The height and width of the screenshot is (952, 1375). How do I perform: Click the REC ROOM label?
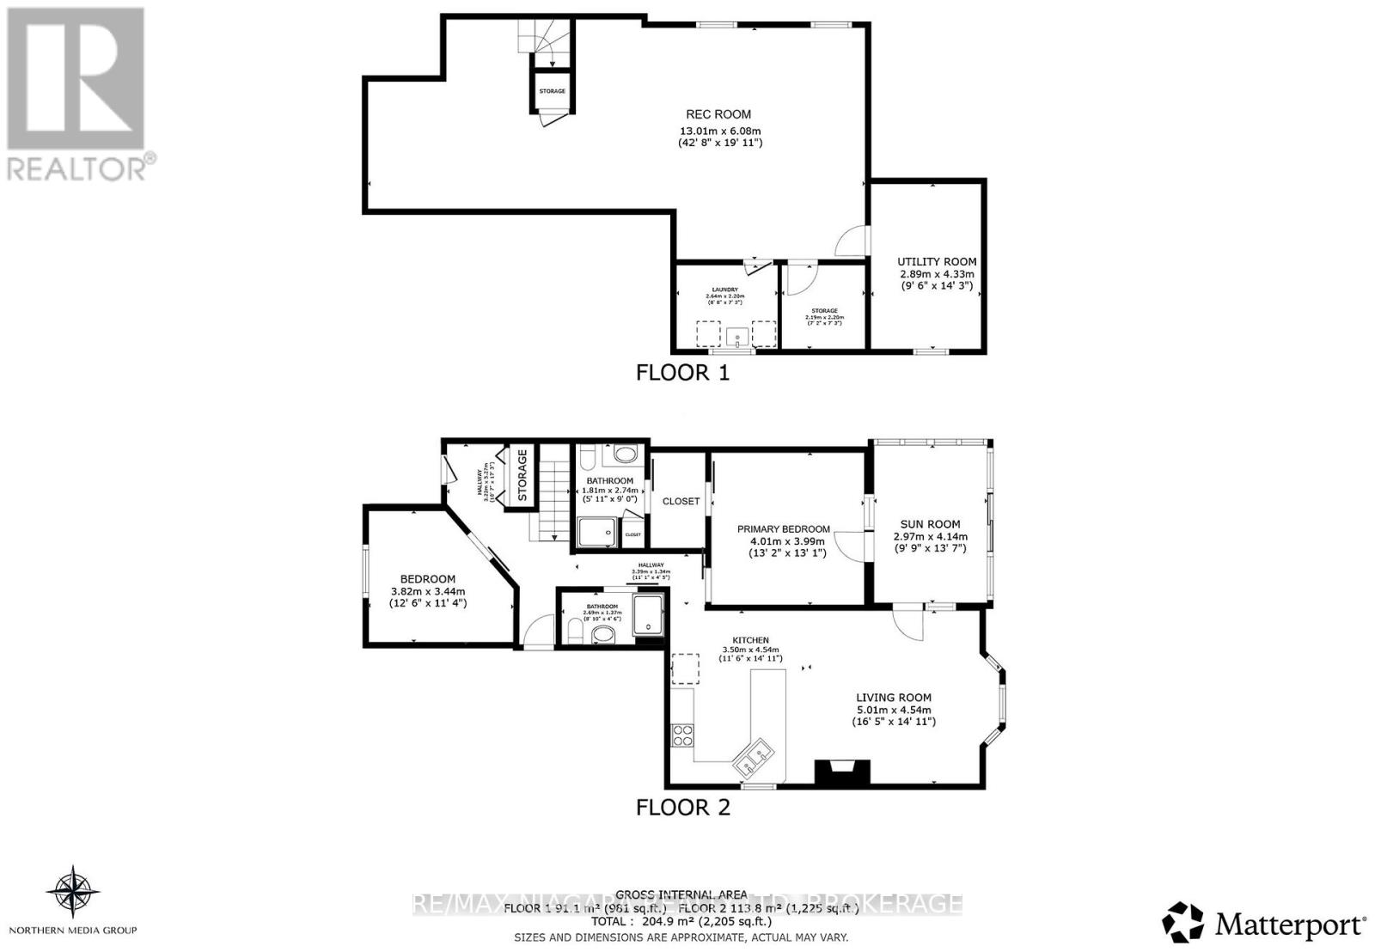718,114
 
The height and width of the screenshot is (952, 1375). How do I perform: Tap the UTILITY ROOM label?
937,262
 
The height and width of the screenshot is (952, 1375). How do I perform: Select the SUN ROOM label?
930,524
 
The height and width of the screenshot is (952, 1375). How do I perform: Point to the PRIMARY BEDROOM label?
783,529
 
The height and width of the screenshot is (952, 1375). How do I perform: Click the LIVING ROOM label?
893,698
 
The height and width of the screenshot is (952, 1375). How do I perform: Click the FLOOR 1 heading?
682,373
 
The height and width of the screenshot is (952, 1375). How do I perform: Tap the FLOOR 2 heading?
682,808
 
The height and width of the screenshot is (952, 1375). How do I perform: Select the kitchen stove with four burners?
682,735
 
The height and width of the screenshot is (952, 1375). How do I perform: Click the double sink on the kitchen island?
753,757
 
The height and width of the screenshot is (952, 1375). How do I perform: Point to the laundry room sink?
737,336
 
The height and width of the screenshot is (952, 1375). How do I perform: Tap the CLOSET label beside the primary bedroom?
681,501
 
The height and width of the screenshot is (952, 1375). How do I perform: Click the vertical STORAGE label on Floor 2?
522,474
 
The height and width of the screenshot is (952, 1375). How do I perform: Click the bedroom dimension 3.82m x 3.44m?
427,591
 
